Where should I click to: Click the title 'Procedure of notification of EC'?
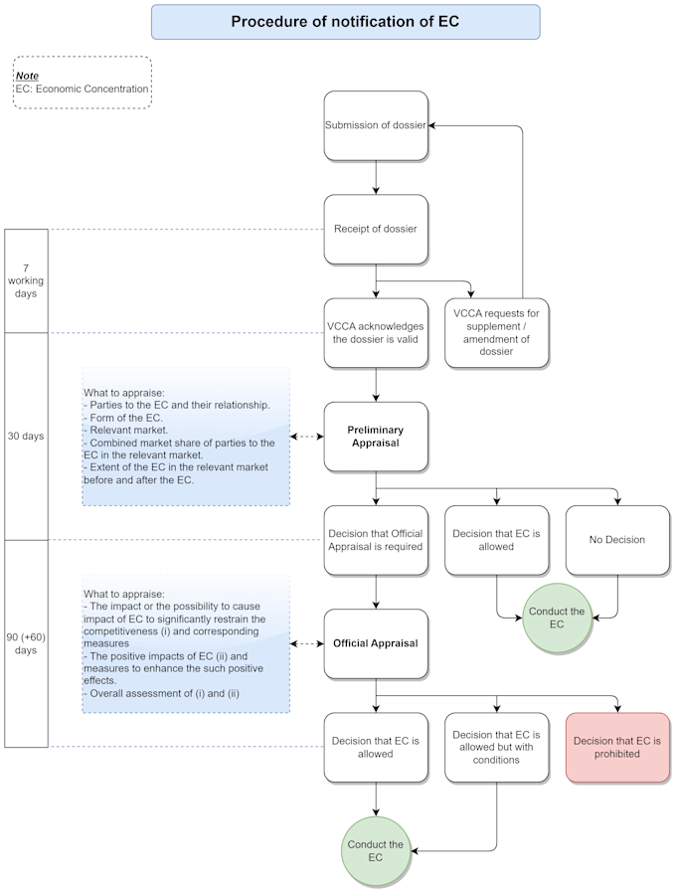point(345,22)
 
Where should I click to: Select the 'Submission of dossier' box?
point(376,125)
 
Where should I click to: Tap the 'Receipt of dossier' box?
point(376,229)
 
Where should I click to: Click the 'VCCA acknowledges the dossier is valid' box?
point(376,332)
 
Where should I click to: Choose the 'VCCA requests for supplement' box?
point(496,332)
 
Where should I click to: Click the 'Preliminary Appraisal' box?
point(376,437)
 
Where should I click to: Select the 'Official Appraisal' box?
point(376,643)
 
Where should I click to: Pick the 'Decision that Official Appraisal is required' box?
point(376,540)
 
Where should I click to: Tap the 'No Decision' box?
point(617,540)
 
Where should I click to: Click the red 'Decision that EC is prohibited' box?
point(617,747)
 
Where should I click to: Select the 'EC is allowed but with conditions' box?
point(496,747)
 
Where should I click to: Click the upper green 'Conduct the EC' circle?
point(557,618)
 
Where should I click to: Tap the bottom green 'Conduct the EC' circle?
point(376,851)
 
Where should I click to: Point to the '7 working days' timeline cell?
point(26,280)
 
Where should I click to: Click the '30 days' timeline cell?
point(26,436)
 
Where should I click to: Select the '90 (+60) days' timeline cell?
point(26,643)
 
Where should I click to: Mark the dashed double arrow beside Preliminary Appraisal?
point(306,437)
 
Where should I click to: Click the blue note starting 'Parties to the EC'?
point(186,437)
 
